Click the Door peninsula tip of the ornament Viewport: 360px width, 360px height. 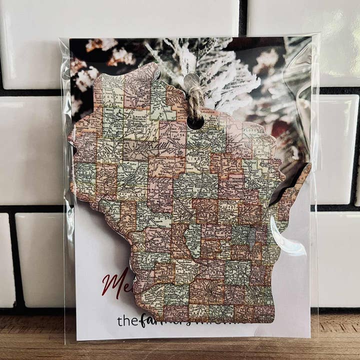click(x=304, y=170)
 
